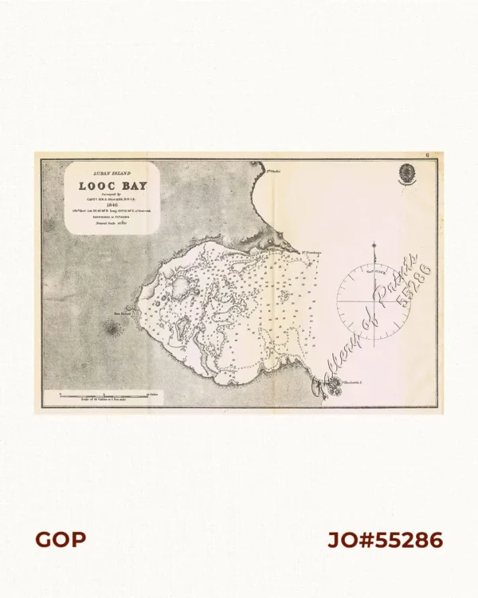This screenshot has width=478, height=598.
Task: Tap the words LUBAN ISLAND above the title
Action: point(112,172)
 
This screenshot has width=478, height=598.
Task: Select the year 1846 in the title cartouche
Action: point(112,203)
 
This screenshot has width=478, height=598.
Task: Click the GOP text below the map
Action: point(60,540)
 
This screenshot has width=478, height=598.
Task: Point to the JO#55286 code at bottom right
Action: point(386,540)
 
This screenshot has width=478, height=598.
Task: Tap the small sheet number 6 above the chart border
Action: point(428,155)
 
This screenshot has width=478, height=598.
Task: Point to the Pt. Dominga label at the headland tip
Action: point(311,254)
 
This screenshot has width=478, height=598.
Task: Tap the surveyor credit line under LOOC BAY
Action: point(112,196)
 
